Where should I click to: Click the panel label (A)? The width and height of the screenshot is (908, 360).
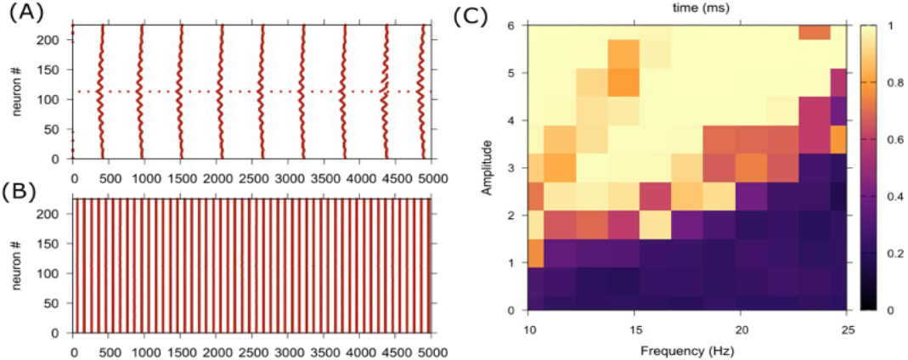point(20,14)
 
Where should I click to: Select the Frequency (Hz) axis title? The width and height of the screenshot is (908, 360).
point(687,348)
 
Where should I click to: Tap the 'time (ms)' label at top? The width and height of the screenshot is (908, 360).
point(687,7)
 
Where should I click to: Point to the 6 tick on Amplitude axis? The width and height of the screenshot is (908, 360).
point(512,25)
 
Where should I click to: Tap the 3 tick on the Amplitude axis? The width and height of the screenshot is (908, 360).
point(512,168)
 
